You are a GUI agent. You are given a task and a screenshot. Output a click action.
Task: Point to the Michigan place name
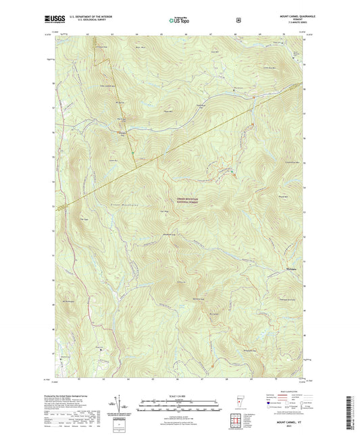point(288,270)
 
